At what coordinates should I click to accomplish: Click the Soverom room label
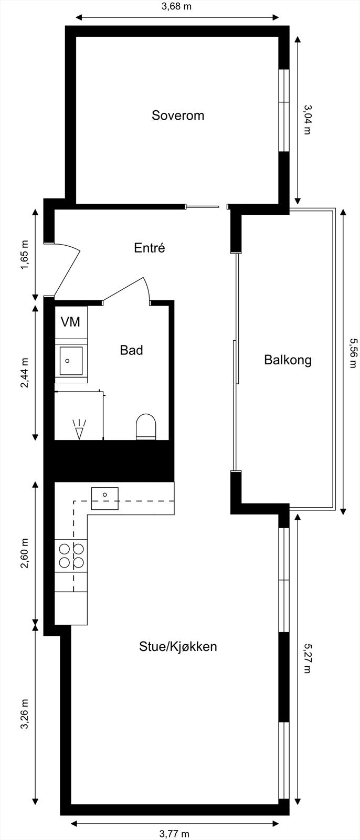click(177, 115)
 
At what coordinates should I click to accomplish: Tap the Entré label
click(150, 248)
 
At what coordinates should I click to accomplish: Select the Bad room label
click(131, 350)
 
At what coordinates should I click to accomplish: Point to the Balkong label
click(288, 360)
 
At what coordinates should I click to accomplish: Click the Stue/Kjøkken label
click(178, 646)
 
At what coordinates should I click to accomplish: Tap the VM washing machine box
click(71, 322)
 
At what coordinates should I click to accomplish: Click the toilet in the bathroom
click(146, 426)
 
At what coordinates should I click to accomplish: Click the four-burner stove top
click(71, 555)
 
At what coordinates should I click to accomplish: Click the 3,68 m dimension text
click(177, 7)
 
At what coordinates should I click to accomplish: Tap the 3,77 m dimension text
click(174, 833)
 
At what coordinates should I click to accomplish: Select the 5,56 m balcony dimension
click(352, 360)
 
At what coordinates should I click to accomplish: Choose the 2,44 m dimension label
click(24, 373)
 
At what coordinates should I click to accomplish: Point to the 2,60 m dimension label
click(24, 553)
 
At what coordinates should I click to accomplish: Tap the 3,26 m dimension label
click(24, 714)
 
